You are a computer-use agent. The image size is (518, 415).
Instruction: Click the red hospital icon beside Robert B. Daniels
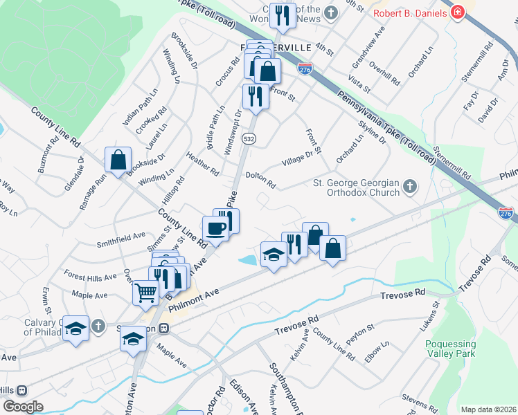click(457, 12)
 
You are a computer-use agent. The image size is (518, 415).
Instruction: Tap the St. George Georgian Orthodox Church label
click(357, 187)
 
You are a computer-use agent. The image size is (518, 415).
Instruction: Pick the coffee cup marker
click(215, 229)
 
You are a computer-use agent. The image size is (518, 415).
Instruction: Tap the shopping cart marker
click(146, 293)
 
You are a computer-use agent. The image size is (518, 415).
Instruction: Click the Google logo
click(23, 407)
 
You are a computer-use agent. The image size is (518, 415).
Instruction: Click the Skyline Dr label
click(372, 131)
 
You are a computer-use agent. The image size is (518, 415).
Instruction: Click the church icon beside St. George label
click(410, 186)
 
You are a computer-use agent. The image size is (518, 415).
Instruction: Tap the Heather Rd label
click(202, 164)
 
